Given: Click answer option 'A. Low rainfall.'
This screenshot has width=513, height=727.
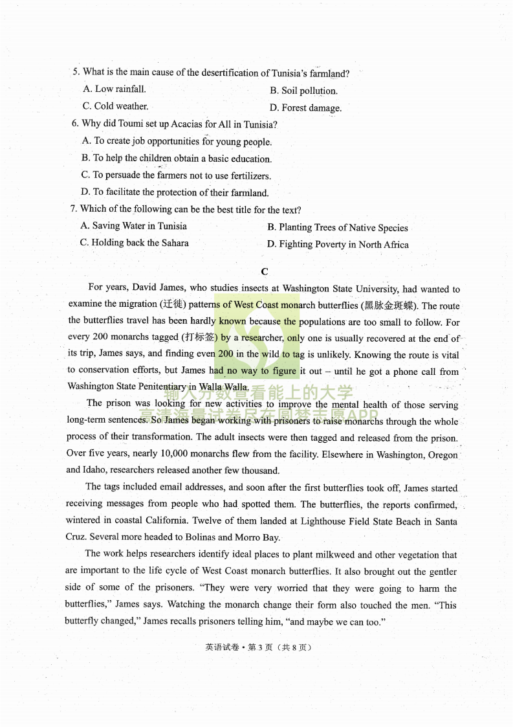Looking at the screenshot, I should click(x=115, y=89).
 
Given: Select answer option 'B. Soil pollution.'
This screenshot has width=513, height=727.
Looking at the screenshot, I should click(x=303, y=91).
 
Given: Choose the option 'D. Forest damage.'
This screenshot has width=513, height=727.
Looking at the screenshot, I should click(x=305, y=108).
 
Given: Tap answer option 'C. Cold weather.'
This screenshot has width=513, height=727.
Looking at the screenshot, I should click(x=115, y=106).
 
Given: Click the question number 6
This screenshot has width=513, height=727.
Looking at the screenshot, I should click(x=75, y=124).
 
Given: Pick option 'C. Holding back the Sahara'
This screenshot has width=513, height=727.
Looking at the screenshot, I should click(x=135, y=243).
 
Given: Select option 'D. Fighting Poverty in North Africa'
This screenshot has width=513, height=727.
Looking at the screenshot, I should click(x=338, y=245).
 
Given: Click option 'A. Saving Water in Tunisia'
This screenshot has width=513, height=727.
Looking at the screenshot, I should click(x=134, y=226).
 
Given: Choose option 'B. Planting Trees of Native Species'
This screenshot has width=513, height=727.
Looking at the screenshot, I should click(x=338, y=228).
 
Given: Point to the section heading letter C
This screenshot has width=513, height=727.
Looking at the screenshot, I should click(x=264, y=272).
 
